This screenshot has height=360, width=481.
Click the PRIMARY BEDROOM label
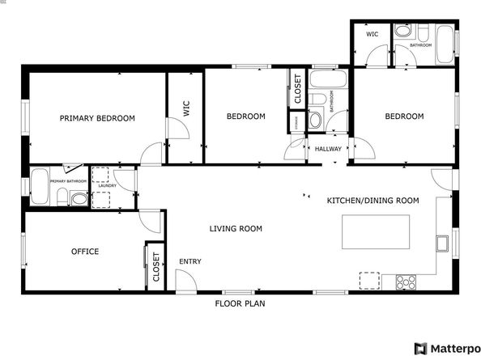[x=97, y=118]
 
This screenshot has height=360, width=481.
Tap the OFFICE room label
[x=84, y=252]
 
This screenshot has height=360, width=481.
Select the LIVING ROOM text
[x=236, y=229]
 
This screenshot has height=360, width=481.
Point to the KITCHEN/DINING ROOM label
[x=372, y=200]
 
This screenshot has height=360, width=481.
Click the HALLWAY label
[x=328, y=149]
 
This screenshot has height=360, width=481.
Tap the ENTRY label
[x=190, y=261]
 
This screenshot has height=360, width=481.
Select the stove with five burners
[x=406, y=282]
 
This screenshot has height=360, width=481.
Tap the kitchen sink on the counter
[x=441, y=242]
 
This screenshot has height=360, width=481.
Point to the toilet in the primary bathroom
[x=79, y=198]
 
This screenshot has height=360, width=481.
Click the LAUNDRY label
[x=107, y=186]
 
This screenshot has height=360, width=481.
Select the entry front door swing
[x=185, y=281]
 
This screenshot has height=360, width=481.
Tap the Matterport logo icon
[x=420, y=349]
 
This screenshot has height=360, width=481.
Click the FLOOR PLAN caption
[x=240, y=304]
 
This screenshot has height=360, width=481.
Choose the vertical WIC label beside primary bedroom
[x=185, y=110]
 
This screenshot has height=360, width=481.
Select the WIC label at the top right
[x=372, y=34]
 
